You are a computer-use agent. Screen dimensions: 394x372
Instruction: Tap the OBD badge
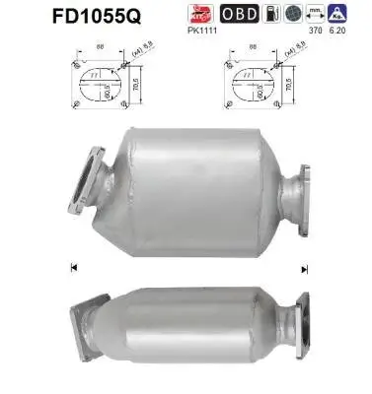coord(242,13)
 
